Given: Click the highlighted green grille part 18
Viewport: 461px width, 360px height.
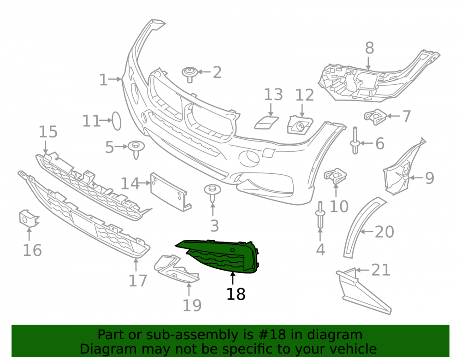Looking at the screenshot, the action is (x=224, y=256).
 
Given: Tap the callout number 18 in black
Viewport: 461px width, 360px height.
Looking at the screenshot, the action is (x=236, y=294).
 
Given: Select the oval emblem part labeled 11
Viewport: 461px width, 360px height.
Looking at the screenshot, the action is (x=117, y=121).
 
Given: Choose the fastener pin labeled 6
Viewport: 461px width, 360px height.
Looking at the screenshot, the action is (x=355, y=141).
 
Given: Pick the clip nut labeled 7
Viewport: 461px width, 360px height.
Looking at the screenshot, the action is (x=375, y=117).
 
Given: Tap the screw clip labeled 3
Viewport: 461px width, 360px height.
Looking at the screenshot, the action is (x=213, y=193).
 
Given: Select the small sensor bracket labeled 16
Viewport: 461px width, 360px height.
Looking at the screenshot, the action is (x=28, y=218).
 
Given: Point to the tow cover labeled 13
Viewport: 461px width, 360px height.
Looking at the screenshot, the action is (x=266, y=123).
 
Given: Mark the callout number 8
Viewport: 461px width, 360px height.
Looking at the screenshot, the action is (x=370, y=48).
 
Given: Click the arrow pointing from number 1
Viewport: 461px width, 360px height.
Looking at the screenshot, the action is (x=115, y=79).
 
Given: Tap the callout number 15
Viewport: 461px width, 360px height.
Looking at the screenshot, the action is (x=48, y=132).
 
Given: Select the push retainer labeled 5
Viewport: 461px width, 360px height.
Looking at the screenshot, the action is (x=136, y=149).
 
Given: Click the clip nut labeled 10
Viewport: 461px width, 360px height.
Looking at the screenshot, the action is (x=335, y=176).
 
